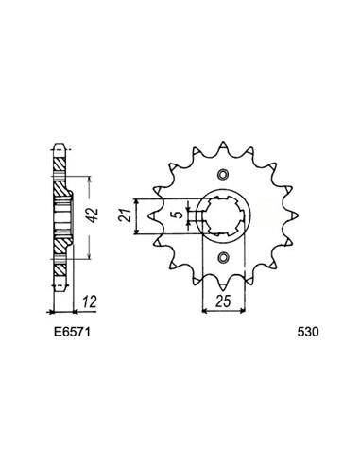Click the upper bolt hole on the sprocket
(x=223, y=174)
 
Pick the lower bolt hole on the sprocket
(x=223, y=259)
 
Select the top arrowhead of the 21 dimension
(x=139, y=201)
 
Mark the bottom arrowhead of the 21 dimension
(x=139, y=231)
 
